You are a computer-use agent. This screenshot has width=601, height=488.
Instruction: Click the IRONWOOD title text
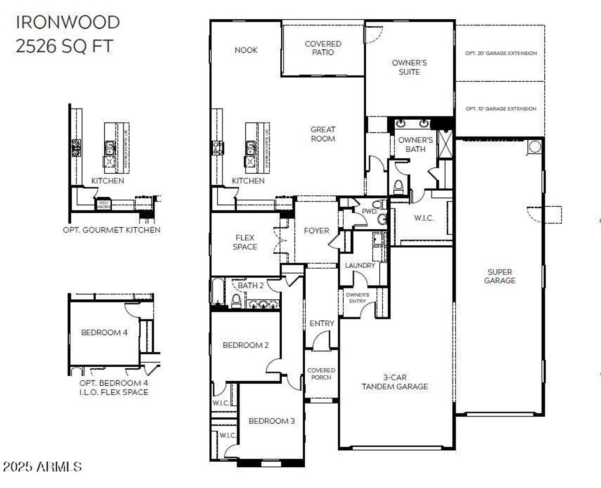pyautogui.click(x=68, y=23)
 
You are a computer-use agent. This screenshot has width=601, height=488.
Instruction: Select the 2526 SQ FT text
pyautogui.click(x=64, y=46)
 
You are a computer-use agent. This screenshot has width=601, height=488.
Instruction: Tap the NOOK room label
pyautogui.click(x=246, y=50)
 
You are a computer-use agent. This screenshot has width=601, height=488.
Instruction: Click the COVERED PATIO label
pyautogui.click(x=323, y=48)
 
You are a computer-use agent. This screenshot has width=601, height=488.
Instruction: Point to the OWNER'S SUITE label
pyautogui.click(x=409, y=67)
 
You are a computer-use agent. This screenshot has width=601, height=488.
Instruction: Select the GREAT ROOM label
pyautogui.click(x=323, y=134)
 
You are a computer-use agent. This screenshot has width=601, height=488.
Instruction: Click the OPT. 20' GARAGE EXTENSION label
pyautogui.click(x=501, y=54)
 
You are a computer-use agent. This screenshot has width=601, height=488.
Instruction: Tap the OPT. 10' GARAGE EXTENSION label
pyautogui.click(x=501, y=109)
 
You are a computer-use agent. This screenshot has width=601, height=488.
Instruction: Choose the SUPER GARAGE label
pyautogui.click(x=500, y=276)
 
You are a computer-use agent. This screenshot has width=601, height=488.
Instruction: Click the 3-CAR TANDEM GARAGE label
pyautogui.click(x=394, y=382)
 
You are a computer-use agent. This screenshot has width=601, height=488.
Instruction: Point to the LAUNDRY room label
pyautogui.click(x=360, y=265)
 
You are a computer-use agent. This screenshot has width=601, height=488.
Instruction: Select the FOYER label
pyautogui.click(x=316, y=231)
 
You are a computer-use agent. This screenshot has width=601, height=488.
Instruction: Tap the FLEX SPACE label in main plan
pyautogui.click(x=245, y=242)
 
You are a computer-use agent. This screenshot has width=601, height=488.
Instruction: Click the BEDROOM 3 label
pyautogui.click(x=271, y=421)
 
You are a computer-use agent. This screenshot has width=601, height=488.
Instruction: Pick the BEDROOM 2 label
pyautogui.click(x=246, y=345)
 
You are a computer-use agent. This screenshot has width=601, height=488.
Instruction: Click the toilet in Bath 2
pyautogui.click(x=236, y=301)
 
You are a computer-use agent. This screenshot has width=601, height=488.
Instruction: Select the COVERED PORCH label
pyautogui.click(x=321, y=374)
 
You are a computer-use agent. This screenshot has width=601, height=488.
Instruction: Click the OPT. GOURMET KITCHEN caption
pyautogui.click(x=112, y=230)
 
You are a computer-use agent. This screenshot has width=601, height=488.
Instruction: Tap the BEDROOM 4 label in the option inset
pyautogui.click(x=104, y=333)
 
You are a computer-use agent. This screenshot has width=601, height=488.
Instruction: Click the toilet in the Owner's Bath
pyautogui.click(x=399, y=187)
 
